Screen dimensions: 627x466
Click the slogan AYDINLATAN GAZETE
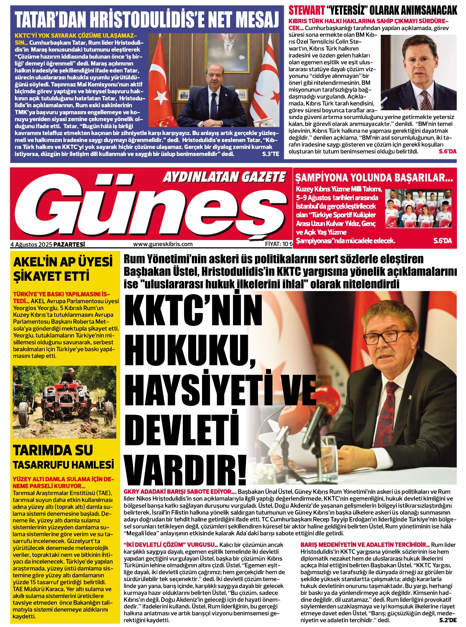(x=224, y=178)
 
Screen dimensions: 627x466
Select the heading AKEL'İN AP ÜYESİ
(x=63, y=262)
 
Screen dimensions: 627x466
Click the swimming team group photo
(x=418, y=208)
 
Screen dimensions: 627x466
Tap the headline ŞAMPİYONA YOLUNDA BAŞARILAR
(x=374, y=178)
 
